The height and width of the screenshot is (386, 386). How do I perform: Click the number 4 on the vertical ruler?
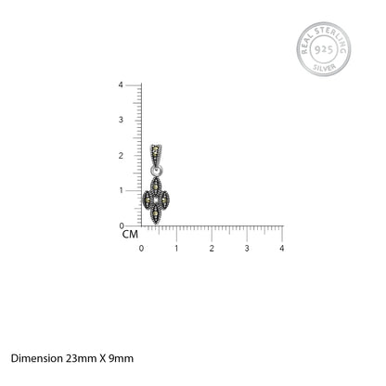(121, 84)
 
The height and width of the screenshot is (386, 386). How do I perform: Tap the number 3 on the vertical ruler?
(121, 120)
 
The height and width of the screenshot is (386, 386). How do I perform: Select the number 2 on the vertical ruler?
(121, 156)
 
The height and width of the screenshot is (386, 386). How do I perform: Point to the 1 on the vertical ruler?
(122, 190)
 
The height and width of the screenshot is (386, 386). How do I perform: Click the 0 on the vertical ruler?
(122, 226)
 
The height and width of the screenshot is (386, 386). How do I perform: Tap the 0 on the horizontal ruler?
(141, 249)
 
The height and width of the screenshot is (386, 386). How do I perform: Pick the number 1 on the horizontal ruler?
(176, 249)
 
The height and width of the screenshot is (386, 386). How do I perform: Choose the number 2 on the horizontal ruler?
(212, 249)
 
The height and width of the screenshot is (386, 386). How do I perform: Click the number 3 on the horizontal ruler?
(247, 249)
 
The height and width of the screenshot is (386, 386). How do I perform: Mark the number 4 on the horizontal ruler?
(282, 249)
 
